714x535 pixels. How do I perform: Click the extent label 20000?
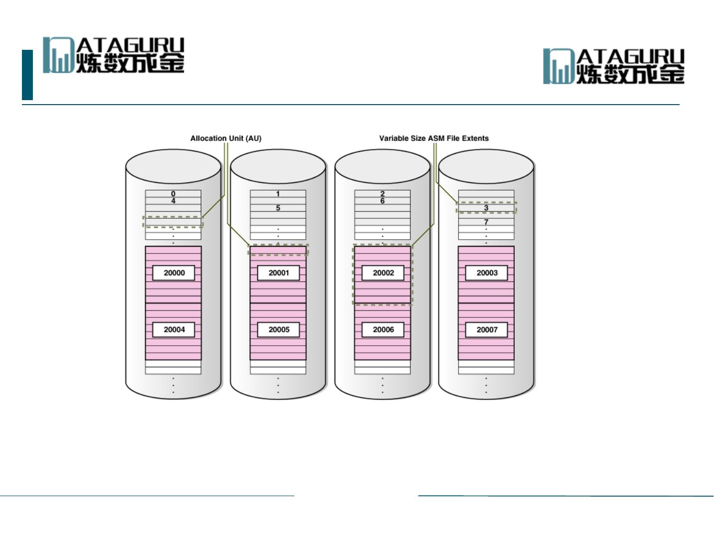[174, 273]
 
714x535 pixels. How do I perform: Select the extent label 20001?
[279, 273]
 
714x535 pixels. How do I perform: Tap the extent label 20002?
[383, 273]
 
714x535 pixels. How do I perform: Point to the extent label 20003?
[487, 273]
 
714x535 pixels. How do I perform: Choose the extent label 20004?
[174, 330]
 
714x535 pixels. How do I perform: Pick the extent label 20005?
[279, 330]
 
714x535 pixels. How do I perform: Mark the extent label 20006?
[383, 330]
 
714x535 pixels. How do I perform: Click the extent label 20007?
[487, 330]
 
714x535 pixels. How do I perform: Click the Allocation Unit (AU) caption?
[226, 138]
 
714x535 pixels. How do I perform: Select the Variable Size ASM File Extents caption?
[433, 138]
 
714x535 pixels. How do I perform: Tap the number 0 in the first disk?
[173, 194]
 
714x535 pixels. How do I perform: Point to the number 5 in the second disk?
[278, 208]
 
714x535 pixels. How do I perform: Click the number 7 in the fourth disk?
[486, 222]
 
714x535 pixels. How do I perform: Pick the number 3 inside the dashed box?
[486, 208]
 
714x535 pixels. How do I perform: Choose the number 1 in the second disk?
[278, 194]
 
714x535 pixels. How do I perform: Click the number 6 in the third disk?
[383, 201]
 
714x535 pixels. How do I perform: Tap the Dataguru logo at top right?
[614, 66]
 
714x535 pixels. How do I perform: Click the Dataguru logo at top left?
[114, 55]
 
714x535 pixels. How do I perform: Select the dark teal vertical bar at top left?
[27, 75]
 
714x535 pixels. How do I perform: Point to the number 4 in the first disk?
[173, 201]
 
